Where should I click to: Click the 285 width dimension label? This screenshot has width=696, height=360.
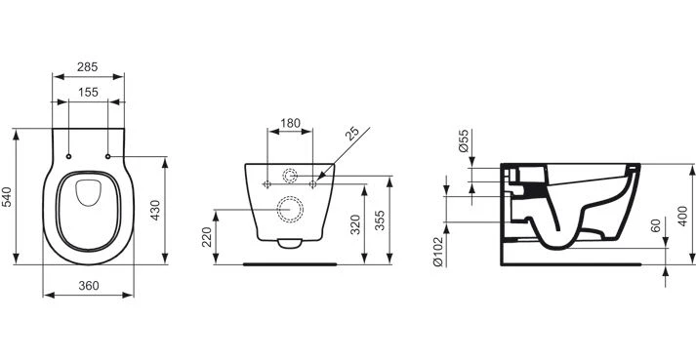tap(88, 67)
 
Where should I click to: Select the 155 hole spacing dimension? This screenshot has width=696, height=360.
tap(88, 93)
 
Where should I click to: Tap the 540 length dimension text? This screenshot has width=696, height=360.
tap(8, 197)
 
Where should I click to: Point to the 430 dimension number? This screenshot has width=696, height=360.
tap(154, 210)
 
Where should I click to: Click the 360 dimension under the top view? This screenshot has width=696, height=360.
tap(89, 286)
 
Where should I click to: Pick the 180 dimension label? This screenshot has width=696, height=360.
tap(291, 123)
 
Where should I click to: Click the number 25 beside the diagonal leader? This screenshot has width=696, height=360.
tap(353, 134)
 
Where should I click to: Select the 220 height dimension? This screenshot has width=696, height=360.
tap(207, 237)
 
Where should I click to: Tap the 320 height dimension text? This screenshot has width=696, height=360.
tap(354, 225)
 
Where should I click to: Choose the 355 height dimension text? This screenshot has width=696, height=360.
tap(381, 220)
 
